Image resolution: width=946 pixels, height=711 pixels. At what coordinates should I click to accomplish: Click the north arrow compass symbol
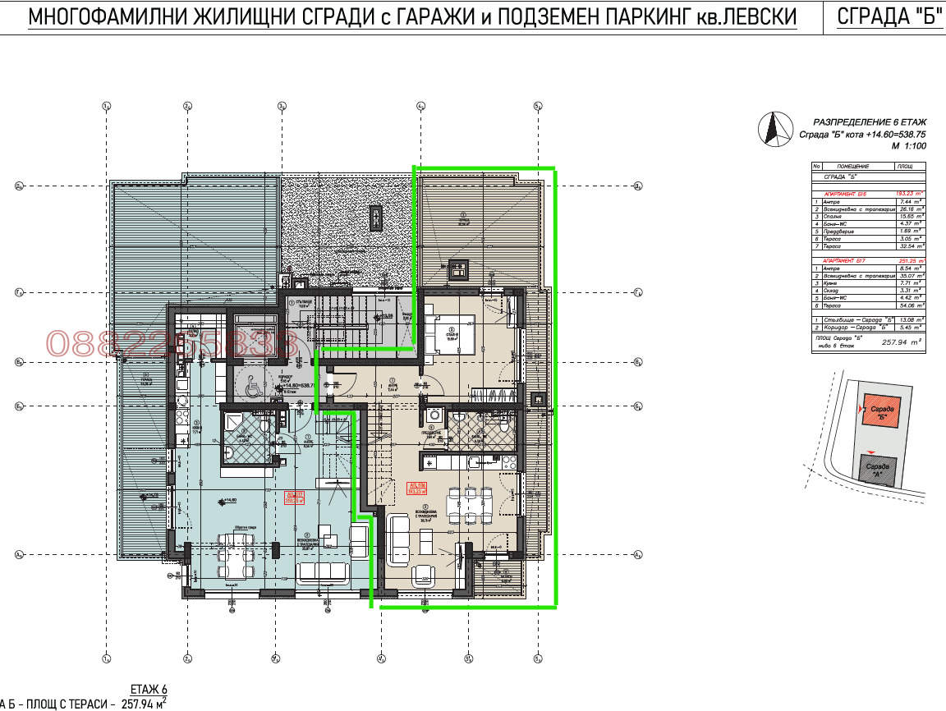click(x=773, y=131)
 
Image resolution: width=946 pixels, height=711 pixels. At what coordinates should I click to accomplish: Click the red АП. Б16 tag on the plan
click(x=416, y=488)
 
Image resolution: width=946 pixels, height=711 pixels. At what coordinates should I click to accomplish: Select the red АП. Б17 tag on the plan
click(x=294, y=496)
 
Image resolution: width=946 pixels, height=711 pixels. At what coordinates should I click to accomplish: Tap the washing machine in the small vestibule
click(x=434, y=415)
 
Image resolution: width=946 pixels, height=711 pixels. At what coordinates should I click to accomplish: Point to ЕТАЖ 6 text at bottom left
click(x=149, y=689)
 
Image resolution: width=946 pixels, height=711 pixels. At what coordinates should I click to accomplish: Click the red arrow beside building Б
click(x=861, y=407)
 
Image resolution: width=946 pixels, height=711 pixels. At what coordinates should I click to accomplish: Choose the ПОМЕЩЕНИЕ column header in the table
click(x=853, y=166)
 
